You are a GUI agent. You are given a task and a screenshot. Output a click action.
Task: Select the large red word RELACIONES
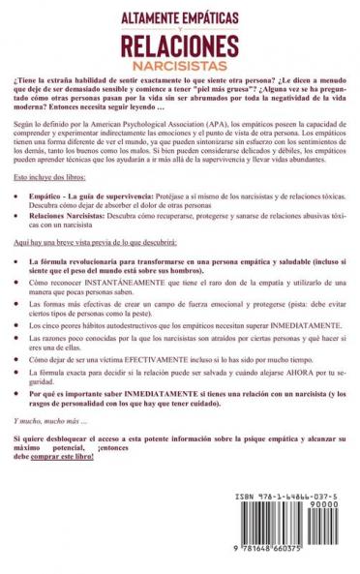pos(179,41)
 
